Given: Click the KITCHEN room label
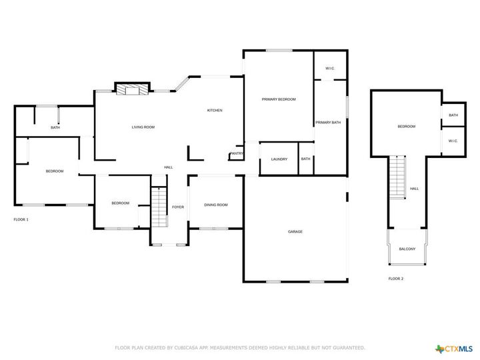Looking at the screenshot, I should (x=215, y=111).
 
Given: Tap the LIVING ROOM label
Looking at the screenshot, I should (x=143, y=127).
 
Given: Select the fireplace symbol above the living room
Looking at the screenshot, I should (x=131, y=89).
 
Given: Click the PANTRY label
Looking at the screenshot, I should (x=237, y=154).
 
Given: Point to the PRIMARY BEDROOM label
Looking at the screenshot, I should (x=278, y=99).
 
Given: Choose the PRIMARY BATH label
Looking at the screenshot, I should (x=328, y=123).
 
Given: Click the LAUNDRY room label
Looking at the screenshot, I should (x=279, y=159).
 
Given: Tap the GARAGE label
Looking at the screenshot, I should (x=295, y=232).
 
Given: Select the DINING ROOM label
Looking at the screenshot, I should (x=215, y=205).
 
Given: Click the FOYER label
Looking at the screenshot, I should (x=178, y=207).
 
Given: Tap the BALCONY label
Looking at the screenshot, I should (x=407, y=249).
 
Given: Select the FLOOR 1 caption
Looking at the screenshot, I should (x=21, y=219).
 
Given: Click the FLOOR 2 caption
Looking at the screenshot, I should (x=396, y=279).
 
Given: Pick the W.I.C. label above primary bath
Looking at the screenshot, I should (x=330, y=69).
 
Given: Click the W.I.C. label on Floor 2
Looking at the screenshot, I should (x=453, y=141).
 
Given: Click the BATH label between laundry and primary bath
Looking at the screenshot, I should (x=305, y=159).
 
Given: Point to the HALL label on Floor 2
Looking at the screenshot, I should (x=415, y=189).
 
